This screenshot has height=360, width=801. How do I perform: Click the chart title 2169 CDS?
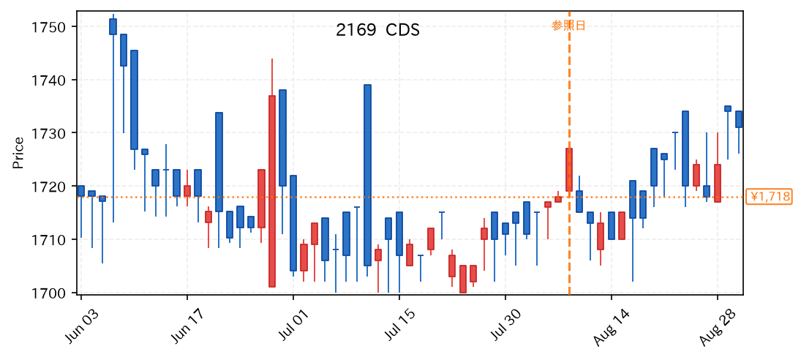coord(377,30)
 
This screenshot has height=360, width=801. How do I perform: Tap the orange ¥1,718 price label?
coord(769,197)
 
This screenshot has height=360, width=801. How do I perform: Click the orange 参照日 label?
coord(568,26)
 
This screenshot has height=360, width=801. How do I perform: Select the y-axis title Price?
coord(18,153)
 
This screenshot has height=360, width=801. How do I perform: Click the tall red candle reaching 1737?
coord(272,191)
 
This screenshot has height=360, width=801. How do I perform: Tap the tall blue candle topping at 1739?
coord(367,175)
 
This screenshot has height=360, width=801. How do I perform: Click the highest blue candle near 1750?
coord(113,26)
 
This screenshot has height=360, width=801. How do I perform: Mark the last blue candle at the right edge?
coord(739,119)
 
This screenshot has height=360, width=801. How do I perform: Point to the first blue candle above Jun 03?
coord(81,191)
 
